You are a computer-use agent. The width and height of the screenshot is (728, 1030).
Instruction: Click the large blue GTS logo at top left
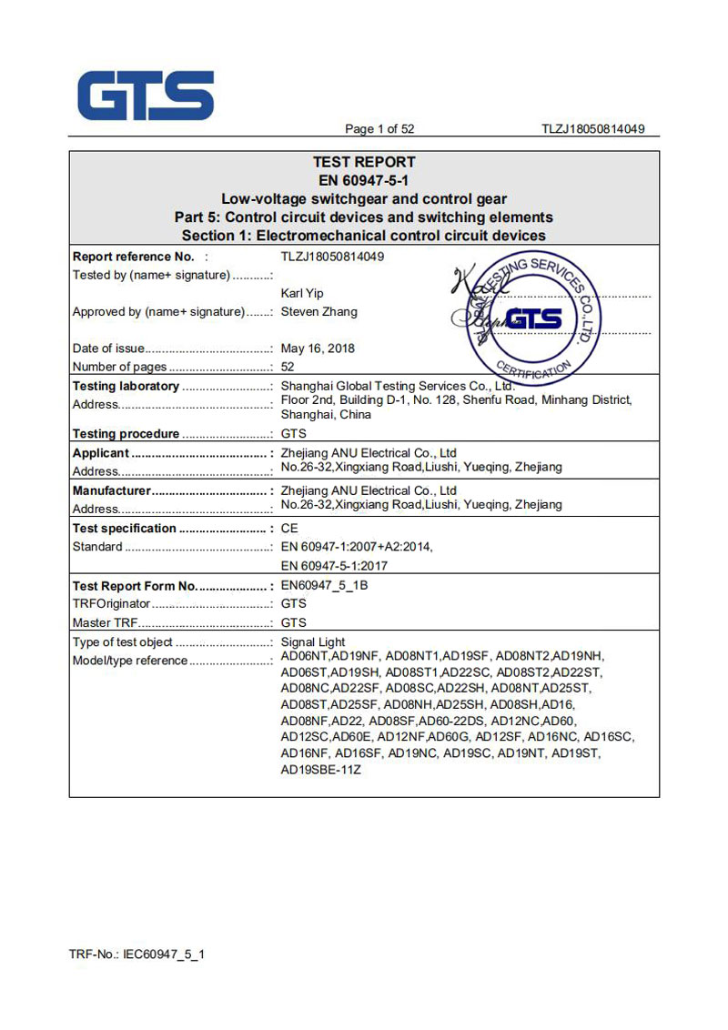[146, 96]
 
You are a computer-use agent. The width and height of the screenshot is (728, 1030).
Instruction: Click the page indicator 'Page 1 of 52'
[379, 129]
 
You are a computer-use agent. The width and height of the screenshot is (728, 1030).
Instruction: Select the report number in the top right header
[592, 129]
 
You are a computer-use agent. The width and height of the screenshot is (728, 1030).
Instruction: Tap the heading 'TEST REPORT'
[364, 162]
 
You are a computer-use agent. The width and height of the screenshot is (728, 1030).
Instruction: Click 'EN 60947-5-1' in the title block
[364, 180]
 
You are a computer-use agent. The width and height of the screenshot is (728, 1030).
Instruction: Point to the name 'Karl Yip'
[303, 294]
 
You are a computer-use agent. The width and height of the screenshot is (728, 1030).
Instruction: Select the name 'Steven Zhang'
[319, 312]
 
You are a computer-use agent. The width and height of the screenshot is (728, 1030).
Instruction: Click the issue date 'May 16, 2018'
[318, 348]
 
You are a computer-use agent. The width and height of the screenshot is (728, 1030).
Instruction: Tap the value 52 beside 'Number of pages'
[288, 367]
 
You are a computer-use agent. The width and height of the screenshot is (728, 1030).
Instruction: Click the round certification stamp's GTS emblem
[532, 318]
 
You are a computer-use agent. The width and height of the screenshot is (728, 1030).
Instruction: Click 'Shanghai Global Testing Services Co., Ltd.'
[398, 387]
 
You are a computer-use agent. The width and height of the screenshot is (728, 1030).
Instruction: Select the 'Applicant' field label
[101, 453]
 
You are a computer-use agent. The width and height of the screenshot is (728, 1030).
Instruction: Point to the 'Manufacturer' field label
[111, 490]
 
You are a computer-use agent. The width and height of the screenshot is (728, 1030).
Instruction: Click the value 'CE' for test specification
[289, 529]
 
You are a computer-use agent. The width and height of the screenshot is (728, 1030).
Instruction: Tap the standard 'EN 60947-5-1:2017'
[335, 565]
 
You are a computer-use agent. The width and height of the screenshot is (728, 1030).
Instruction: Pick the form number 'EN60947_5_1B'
[324, 585]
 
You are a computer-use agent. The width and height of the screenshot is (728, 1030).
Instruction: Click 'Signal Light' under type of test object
[313, 642]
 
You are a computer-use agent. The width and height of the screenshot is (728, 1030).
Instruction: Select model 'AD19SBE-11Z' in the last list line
[321, 770]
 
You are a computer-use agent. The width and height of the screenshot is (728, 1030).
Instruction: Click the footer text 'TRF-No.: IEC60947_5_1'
[136, 954]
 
